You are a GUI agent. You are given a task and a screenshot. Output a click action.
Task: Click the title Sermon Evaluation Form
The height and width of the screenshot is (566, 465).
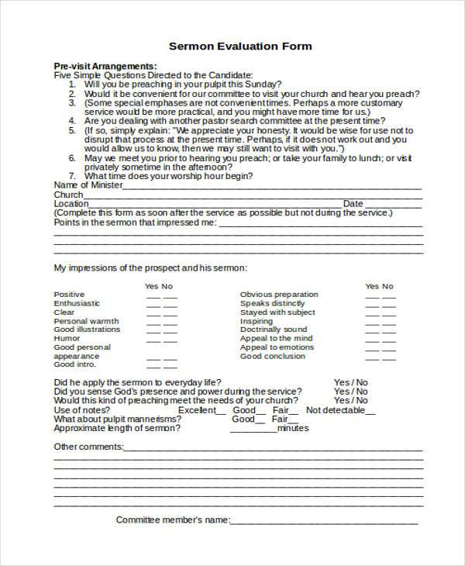(239, 46)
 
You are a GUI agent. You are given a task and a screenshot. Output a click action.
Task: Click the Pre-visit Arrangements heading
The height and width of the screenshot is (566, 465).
(105, 66)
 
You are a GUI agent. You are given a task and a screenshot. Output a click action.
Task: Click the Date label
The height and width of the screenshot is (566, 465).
(353, 203)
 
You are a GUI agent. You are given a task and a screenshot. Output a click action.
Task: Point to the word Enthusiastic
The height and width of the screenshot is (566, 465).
(77, 303)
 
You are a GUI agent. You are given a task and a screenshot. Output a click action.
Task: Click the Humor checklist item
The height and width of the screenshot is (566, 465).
(67, 338)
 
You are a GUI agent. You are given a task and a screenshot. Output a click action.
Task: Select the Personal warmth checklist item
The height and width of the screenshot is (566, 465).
(86, 321)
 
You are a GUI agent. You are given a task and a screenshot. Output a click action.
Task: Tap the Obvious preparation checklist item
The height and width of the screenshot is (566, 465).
(279, 295)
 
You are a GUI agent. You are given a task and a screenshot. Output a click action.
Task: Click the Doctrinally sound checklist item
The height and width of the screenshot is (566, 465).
(274, 330)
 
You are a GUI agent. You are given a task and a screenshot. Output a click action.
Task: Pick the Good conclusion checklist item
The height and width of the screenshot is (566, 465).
(272, 357)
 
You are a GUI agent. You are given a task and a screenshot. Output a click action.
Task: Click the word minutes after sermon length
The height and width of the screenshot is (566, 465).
(292, 428)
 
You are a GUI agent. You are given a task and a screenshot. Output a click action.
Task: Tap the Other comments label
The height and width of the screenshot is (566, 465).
(88, 447)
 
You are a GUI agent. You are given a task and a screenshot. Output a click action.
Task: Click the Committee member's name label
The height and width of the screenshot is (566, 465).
(172, 519)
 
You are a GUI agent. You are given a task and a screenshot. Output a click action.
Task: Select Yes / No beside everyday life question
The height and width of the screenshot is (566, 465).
(350, 382)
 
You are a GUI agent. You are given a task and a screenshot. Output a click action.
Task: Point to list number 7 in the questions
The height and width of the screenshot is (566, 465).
(71, 176)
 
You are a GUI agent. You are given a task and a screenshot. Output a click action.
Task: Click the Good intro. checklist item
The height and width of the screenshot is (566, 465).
(74, 364)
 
